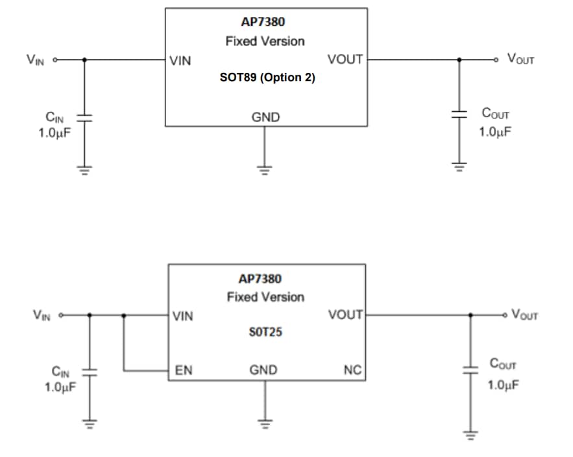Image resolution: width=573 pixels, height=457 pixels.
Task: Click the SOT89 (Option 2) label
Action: pos(267,77)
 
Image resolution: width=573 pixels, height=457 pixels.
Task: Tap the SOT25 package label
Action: pos(265,332)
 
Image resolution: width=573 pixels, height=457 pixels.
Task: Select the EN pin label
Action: pos(184,371)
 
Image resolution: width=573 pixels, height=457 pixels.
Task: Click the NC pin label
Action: pos(352,371)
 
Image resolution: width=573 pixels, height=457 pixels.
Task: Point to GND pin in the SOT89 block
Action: pos(265,118)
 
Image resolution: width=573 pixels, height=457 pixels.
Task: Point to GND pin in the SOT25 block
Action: pos(263,371)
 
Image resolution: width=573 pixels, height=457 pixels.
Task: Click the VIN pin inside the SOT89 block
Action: pos(180,62)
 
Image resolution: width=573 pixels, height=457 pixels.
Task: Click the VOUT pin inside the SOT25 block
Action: pos(346,315)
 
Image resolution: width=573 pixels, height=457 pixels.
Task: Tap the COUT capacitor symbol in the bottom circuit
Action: pos(470,371)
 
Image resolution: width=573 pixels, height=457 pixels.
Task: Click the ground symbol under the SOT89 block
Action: pos(264,170)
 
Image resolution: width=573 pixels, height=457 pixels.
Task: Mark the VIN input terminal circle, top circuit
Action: pos(55,59)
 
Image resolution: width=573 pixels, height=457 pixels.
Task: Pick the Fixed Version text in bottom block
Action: pos(265,297)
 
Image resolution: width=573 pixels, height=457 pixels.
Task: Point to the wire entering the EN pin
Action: pos(146,371)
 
